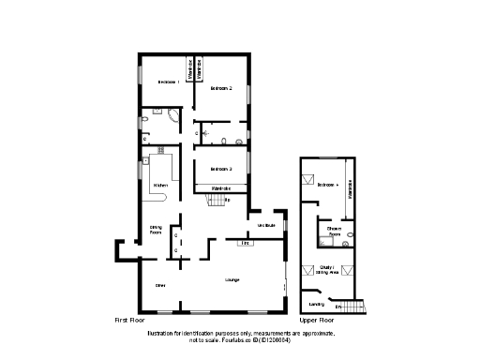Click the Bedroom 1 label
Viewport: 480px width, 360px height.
pos(169,82)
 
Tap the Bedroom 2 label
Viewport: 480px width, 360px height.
pos(221,88)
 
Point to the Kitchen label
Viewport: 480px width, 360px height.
pos(160,186)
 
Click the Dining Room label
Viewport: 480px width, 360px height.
pos(157,229)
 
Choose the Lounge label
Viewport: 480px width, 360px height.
pos(232,279)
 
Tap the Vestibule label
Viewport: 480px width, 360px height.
pos(265,225)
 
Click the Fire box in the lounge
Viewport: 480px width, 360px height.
pos(247,244)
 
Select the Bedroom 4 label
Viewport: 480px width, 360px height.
pos(326,186)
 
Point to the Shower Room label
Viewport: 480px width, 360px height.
pos(334,230)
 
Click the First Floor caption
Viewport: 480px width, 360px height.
pos(127,321)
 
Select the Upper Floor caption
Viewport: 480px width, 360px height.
pos(315,321)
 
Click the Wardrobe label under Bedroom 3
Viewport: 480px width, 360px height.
pos(221,189)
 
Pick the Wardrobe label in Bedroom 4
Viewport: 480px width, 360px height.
pos(351,192)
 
